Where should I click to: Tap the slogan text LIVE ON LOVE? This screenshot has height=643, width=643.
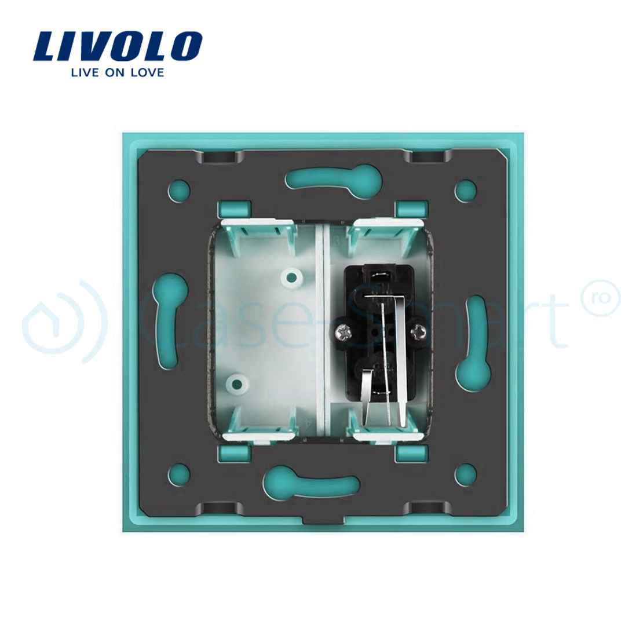117,72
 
